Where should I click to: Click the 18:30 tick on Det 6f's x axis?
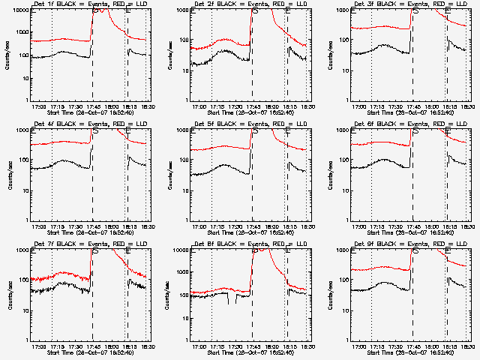(467, 226)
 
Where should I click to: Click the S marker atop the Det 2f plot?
(255, 10)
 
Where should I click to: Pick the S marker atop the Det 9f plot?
(415, 250)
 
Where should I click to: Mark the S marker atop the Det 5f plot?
(255, 130)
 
